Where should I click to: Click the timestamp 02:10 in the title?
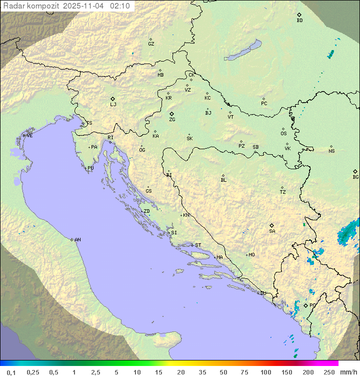pyautogui.click(x=121, y=6)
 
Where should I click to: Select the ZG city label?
pyautogui.click(x=172, y=120)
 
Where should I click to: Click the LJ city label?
pyautogui.click(x=113, y=105)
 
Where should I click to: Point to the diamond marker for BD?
pyautogui.click(x=299, y=15)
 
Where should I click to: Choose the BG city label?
pyautogui.click(x=355, y=177)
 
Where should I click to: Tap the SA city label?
pyautogui.click(x=272, y=231)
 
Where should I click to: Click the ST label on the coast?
pyautogui.click(x=198, y=245)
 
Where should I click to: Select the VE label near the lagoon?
pyautogui.click(x=29, y=136)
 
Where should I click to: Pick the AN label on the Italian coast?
pyautogui.click(x=77, y=240)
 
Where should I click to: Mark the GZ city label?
pyautogui.click(x=151, y=44)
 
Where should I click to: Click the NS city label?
pyautogui.click(x=331, y=151)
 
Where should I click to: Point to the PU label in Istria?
pyautogui.click(x=90, y=168)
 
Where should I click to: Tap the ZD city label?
pyautogui.click(x=146, y=211)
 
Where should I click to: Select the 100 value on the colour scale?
pyautogui.click(x=265, y=372)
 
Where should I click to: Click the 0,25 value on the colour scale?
pyautogui.click(x=33, y=372)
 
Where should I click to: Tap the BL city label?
pyautogui.click(x=223, y=180)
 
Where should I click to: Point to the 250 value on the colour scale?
pyautogui.click(x=329, y=372)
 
